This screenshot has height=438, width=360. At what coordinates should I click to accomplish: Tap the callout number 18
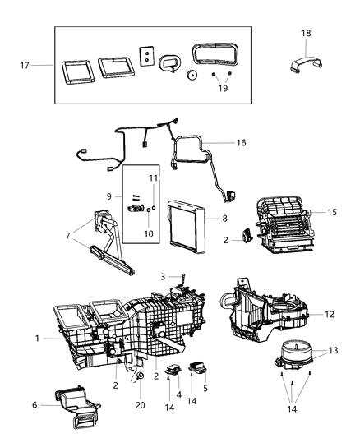pyautogui.click(x=307, y=33)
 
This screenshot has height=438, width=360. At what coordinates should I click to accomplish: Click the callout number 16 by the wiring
pyautogui.click(x=241, y=142)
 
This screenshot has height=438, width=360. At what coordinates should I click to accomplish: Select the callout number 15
pyautogui.click(x=331, y=212)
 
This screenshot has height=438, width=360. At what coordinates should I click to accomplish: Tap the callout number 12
pyautogui.click(x=329, y=313)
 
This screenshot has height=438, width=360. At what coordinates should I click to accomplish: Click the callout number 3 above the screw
pyautogui.click(x=162, y=276)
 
